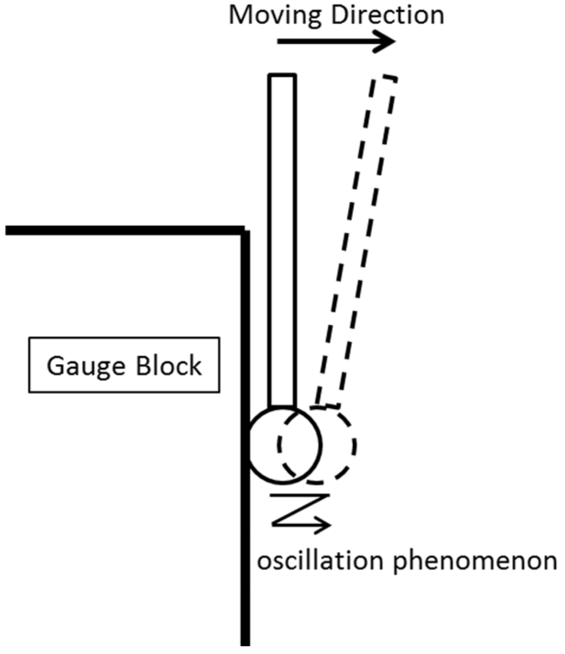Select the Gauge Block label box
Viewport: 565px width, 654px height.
click(x=124, y=365)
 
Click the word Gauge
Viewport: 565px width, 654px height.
click(x=84, y=366)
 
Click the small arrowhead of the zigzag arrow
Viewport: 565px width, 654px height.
click(x=326, y=524)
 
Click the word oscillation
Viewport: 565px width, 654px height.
click(x=321, y=562)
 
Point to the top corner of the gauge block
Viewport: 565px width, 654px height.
click(x=245, y=230)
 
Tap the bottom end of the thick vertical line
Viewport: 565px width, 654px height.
click(x=246, y=644)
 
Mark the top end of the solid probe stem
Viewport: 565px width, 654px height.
click(x=282, y=76)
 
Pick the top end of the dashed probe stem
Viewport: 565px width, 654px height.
click(x=384, y=78)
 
